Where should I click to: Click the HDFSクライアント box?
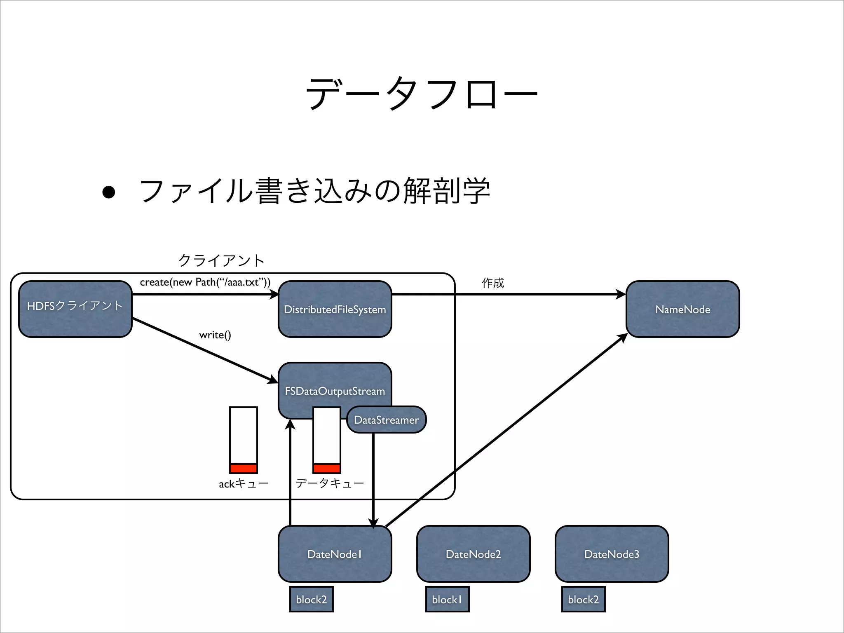point(75,309)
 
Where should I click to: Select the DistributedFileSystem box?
point(335,309)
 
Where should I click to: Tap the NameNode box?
point(682,309)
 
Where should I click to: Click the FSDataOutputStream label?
point(335,391)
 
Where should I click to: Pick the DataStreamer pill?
point(386,420)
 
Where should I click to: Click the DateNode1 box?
point(335,554)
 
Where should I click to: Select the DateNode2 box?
point(473,554)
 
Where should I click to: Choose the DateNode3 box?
point(612,554)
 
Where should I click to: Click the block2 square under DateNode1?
point(311,599)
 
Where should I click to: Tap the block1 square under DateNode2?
point(447,599)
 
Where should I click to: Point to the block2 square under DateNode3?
point(583,599)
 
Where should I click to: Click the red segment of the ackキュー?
point(244,468)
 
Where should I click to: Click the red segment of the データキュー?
point(327,468)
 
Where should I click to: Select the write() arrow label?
point(215,335)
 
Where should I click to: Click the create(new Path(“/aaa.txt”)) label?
point(205,282)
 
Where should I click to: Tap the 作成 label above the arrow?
point(493,283)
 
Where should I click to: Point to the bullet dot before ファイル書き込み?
point(109,192)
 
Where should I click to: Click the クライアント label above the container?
point(221,260)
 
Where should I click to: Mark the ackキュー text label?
point(244,483)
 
